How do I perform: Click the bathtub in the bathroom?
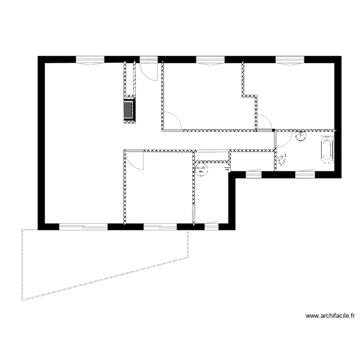pyautogui.click(x=326, y=149)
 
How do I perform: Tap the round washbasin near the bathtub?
pyautogui.click(x=301, y=136)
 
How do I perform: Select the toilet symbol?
pyautogui.click(x=282, y=159)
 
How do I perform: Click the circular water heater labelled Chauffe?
pyautogui.click(x=202, y=169)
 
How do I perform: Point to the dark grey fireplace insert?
pyautogui.click(x=129, y=110)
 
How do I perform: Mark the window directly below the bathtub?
pyautogui.click(x=304, y=175)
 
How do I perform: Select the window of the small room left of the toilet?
pyautogui.click(x=253, y=175)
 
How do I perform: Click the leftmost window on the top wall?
pyautogui.click(x=90, y=60)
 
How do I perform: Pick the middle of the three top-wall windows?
pyautogui.click(x=210, y=60)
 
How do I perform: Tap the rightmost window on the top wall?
pyautogui.click(x=290, y=60)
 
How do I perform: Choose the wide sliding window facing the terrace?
pyautogui.click(x=83, y=227)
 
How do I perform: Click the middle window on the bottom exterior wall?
pyautogui.click(x=160, y=227)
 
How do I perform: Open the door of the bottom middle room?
pyautogui.click(x=136, y=160)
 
